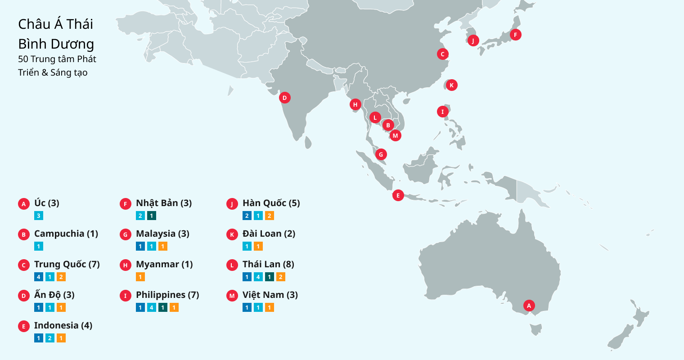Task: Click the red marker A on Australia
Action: [x=529, y=306]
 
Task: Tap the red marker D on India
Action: [x=284, y=98]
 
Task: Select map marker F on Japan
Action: [x=515, y=35]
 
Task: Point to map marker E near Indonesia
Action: [x=398, y=195]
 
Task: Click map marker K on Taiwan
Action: [x=451, y=85]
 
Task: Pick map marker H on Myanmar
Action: [x=355, y=105]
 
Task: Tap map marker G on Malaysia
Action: [x=381, y=154]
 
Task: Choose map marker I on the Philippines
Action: [x=442, y=112]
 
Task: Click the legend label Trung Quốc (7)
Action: [x=67, y=264]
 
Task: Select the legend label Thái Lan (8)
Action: [x=268, y=264]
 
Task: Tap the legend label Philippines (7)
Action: [x=167, y=295]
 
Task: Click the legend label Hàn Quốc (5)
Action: [x=271, y=203]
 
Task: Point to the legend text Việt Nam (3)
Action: [x=270, y=295]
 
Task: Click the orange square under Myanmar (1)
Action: [x=140, y=277]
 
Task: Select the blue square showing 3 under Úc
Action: [x=39, y=216]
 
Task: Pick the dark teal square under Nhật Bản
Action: [x=152, y=216]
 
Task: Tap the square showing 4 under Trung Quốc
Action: [x=39, y=277]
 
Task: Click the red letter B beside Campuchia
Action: [x=24, y=234]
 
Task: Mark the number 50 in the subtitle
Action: [x=23, y=59]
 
